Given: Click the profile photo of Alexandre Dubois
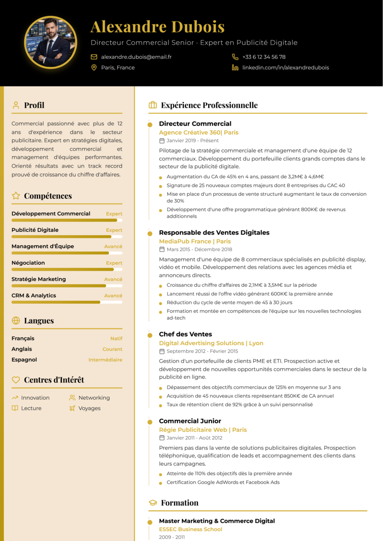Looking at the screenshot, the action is (x=50, y=43).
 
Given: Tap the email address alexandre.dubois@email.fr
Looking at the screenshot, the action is (x=136, y=56).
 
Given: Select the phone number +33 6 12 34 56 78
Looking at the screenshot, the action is (x=264, y=56).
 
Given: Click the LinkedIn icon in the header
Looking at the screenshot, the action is (x=235, y=68).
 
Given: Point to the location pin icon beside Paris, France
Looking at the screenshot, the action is (x=94, y=68).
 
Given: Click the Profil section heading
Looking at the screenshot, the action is (x=34, y=105).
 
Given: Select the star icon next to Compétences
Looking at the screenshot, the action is (x=16, y=196).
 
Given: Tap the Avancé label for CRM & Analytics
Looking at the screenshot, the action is (x=113, y=295).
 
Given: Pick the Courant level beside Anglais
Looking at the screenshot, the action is (x=112, y=349).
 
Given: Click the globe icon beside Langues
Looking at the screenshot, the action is (x=16, y=321).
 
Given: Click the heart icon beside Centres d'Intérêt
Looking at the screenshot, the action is (x=16, y=380).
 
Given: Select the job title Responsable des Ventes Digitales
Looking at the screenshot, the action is (x=214, y=233).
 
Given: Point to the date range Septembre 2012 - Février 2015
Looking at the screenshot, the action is (x=202, y=351).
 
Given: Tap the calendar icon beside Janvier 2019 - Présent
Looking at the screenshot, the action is (x=162, y=141).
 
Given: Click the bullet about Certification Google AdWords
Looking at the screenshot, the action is (x=223, y=482).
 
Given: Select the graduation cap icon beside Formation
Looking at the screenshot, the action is (x=153, y=503).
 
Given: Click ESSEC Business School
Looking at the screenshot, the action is (x=191, y=529).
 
